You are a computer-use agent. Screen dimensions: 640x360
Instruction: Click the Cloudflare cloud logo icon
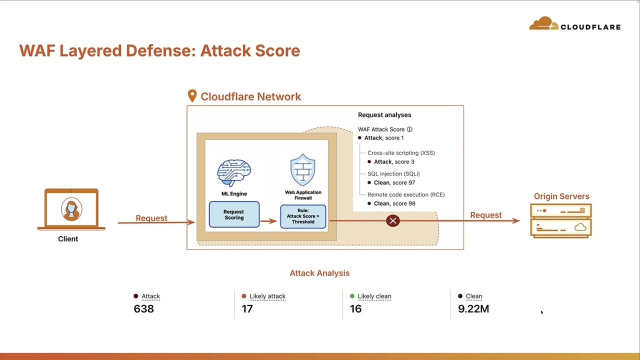pyautogui.click(x=543, y=23)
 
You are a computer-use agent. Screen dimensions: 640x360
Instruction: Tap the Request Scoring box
pyautogui.click(x=234, y=214)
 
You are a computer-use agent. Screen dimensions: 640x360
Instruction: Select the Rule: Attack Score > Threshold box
pyautogui.click(x=303, y=216)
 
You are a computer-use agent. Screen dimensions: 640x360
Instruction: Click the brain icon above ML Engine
pyautogui.click(x=234, y=172)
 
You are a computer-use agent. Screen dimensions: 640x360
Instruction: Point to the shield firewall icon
pyautogui.click(x=303, y=170)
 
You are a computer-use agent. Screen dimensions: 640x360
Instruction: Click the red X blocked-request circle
pyautogui.click(x=393, y=220)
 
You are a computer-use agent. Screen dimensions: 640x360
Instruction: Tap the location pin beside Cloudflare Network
pyautogui.click(x=192, y=95)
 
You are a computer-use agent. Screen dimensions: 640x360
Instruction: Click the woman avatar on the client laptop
pyautogui.click(x=71, y=209)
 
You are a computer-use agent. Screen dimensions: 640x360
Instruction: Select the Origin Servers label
pyautogui.click(x=561, y=196)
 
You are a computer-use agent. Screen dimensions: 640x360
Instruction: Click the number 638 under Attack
pyautogui.click(x=143, y=309)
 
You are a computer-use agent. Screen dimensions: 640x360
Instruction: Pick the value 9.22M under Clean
pyautogui.click(x=473, y=309)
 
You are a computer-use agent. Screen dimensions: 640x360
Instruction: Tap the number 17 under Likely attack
pyautogui.click(x=247, y=309)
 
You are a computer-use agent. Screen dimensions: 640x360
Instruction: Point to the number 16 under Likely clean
pyautogui.click(x=355, y=309)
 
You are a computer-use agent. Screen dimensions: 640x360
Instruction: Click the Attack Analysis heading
pyautogui.click(x=319, y=273)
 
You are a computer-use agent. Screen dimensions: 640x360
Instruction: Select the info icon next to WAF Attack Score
pyautogui.click(x=409, y=129)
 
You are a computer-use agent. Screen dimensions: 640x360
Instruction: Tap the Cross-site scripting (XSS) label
pyautogui.click(x=401, y=153)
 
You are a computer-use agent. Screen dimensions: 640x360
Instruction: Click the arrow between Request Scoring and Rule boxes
pyautogui.click(x=268, y=221)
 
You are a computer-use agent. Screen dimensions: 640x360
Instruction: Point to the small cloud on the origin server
pyautogui.click(x=580, y=227)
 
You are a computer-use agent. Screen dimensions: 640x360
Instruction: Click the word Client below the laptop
pyautogui.click(x=68, y=239)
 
